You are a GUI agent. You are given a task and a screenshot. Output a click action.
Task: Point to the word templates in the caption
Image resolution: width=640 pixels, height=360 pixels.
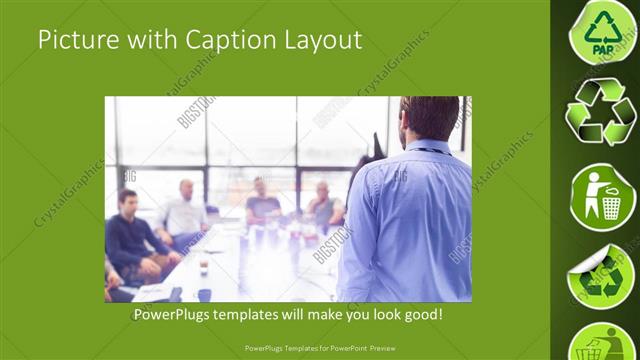[x=265, y=315]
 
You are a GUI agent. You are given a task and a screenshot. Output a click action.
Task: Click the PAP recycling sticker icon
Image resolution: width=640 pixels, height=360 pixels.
[x=603, y=32]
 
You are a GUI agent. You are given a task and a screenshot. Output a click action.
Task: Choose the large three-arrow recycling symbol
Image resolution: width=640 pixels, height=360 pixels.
[x=601, y=113]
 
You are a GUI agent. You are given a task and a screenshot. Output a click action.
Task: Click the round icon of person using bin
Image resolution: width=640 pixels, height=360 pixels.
[x=603, y=195]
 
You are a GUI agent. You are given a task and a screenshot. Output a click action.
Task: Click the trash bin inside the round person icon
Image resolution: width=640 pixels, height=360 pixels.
[x=610, y=206]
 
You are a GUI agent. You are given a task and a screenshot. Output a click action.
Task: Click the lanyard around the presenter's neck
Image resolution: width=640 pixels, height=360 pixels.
[x=425, y=151]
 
